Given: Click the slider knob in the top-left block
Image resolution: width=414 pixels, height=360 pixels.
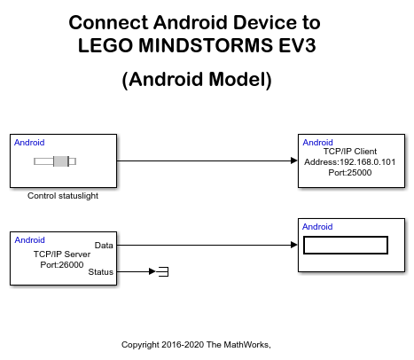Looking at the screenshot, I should click(61, 160).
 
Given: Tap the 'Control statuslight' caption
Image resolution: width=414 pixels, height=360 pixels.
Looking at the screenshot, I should click(63, 196).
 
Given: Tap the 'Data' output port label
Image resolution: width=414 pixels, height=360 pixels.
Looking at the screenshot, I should click(104, 245).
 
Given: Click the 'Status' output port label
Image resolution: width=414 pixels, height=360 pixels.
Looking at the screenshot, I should click(101, 272).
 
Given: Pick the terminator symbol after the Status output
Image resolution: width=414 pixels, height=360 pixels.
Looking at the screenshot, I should click(163, 271).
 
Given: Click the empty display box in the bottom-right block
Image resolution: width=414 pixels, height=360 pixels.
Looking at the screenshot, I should click(346, 245).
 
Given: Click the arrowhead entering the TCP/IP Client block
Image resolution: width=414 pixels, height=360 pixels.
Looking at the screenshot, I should click(293, 160).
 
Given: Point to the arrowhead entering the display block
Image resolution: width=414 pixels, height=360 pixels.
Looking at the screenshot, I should click(293, 245).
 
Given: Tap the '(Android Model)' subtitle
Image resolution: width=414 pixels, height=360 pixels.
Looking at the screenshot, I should click(195, 79).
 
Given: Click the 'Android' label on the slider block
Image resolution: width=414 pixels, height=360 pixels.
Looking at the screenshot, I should click(29, 143).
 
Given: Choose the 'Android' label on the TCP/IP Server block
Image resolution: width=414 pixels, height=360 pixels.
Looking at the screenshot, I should click(29, 239).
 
